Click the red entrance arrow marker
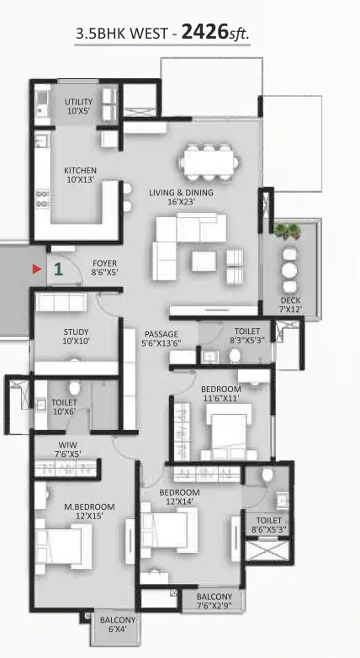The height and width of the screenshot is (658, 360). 37,269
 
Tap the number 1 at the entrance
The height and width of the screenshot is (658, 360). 58,269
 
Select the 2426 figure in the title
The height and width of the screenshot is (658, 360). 204,32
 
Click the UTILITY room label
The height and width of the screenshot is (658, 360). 78,102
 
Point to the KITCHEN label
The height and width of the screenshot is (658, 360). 80,170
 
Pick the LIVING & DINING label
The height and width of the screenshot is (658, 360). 181,193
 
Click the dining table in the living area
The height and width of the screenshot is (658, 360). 209,162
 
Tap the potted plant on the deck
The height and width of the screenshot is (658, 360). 288,231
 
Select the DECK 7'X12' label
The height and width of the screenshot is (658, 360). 291,305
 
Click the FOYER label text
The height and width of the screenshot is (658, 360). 105,263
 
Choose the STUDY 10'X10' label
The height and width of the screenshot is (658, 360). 76,337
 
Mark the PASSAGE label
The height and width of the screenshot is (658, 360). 161,334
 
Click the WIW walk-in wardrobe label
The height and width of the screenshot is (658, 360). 67,445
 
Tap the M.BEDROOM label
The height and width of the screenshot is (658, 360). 89,507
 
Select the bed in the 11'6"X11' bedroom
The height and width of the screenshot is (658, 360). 229,432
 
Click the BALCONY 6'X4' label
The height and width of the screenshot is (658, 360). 118,624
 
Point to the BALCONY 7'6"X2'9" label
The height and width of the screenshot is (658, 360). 214,602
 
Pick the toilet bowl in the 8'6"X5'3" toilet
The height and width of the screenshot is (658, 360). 267,475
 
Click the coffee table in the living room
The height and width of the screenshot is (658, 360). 204,261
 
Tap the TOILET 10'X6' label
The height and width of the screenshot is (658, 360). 64,407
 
